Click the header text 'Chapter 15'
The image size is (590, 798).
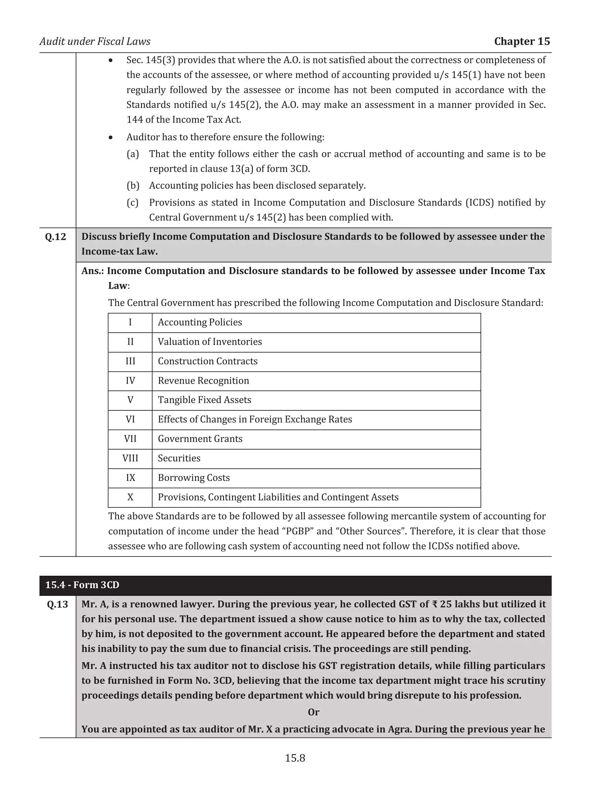coord(522,41)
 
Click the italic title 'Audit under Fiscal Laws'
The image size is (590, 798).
coord(95,41)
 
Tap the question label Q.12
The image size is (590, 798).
coord(56,237)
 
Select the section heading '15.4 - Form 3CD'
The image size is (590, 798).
coord(82,585)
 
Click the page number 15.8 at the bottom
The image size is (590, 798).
coord(295,758)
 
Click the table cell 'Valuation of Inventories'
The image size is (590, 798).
coord(210,342)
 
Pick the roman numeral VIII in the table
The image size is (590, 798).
coord(130,458)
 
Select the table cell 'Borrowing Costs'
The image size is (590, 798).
coord(194,478)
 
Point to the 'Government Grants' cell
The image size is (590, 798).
coord(200,439)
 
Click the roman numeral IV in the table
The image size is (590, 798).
coord(130,381)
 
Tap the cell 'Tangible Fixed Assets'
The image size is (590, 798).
coord(204,400)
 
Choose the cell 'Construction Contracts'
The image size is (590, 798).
coord(207,361)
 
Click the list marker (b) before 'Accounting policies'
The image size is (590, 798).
coord(133,186)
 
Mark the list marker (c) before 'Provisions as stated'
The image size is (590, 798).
coord(133,202)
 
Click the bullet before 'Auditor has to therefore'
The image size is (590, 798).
coord(111,137)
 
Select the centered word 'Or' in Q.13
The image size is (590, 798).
coord(313,712)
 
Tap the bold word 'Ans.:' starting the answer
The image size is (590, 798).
coord(92,271)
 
